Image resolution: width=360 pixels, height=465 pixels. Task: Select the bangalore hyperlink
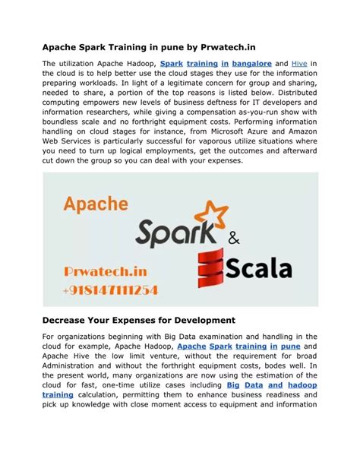tap(247, 64)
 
